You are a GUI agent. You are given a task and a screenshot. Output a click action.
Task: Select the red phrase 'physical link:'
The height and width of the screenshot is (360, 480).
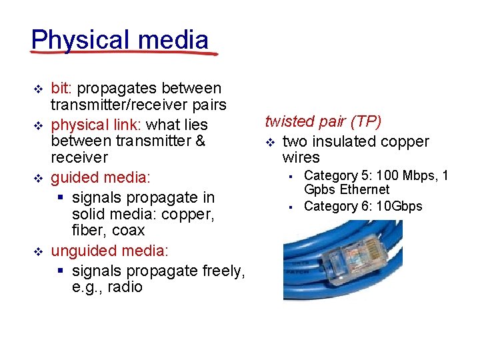click(97, 125)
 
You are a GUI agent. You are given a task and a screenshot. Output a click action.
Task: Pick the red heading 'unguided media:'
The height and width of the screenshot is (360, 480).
click(110, 251)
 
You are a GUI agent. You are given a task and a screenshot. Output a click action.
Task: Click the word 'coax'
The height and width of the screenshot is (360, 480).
click(127, 231)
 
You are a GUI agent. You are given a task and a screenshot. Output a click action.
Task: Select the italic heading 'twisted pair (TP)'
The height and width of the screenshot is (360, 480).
click(323, 121)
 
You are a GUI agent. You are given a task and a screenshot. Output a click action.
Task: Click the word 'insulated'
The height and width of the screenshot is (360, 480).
click(344, 141)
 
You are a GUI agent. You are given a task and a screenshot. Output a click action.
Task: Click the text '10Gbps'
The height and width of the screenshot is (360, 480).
click(399, 206)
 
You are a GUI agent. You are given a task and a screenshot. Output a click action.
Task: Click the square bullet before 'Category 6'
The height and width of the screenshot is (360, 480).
click(291, 207)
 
